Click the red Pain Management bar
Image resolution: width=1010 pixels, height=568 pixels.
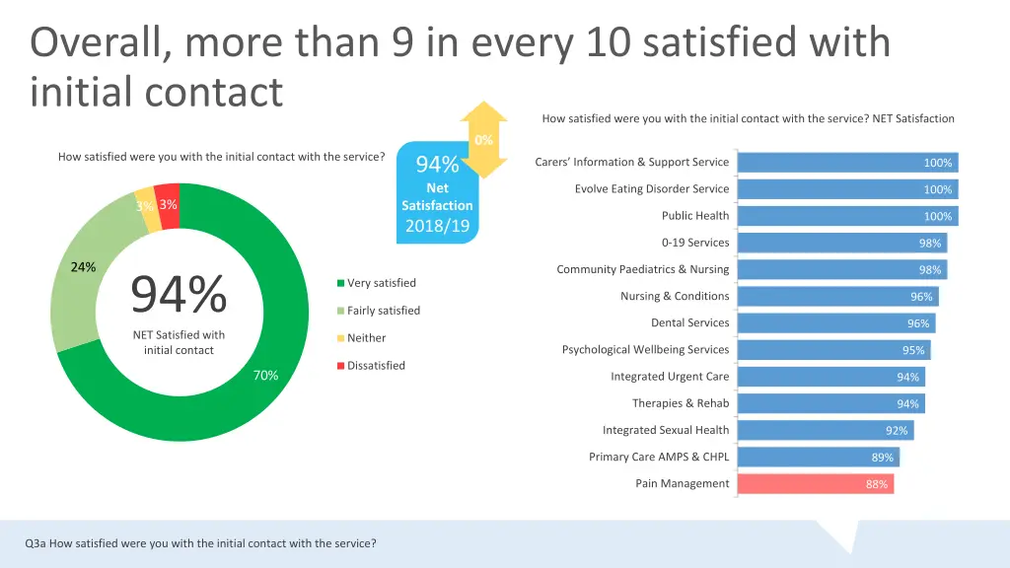pyautogui.click(x=815, y=484)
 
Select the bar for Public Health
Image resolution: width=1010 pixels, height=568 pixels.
pyautogui.click(x=846, y=216)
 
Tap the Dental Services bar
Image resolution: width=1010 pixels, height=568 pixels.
pyautogui.click(x=835, y=323)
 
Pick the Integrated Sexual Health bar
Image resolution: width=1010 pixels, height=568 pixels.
pyautogui.click(x=825, y=430)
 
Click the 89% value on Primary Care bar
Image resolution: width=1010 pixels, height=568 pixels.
pyautogui.click(x=882, y=458)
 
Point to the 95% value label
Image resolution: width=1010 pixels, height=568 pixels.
pyautogui.click(x=913, y=350)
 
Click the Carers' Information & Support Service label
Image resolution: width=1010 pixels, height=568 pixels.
pyautogui.click(x=631, y=162)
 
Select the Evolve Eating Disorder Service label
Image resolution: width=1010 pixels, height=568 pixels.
pyautogui.click(x=652, y=188)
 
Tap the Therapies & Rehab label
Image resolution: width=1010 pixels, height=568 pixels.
pyautogui.click(x=681, y=403)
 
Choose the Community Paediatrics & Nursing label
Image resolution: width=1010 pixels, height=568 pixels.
pyautogui.click(x=642, y=269)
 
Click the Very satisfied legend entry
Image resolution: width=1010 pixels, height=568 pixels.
pyautogui.click(x=381, y=283)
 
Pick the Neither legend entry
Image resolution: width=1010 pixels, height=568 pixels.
pyautogui.click(x=366, y=338)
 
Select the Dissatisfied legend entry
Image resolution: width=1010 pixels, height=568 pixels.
pyautogui.click(x=376, y=366)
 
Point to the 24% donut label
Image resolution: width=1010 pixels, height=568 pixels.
pyautogui.click(x=83, y=267)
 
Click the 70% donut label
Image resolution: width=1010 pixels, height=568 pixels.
pyautogui.click(x=265, y=376)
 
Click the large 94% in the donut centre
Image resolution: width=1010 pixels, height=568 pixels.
pyautogui.click(x=179, y=294)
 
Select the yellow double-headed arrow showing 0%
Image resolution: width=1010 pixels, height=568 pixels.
pyautogui.click(x=483, y=139)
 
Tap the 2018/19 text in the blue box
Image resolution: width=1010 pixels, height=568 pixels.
pyautogui.click(x=437, y=226)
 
